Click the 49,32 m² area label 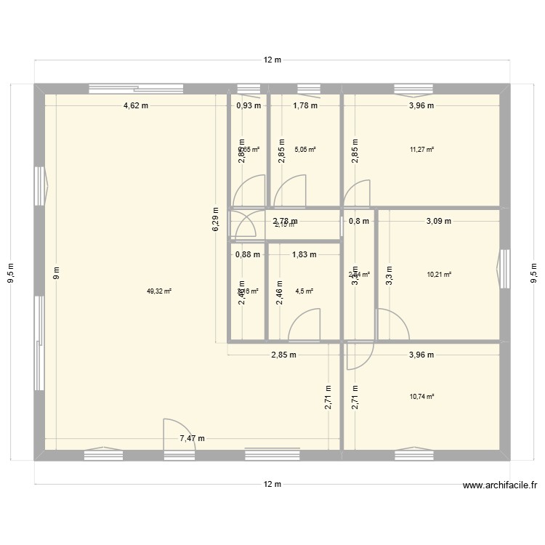click(158, 291)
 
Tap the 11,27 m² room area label click(421, 150)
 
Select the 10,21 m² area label click(440, 275)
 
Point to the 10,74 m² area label click(421, 396)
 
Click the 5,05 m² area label click(305, 150)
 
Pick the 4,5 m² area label click(304, 291)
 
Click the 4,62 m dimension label click(136, 105)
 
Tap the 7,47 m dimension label click(192, 438)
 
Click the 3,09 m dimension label click(439, 221)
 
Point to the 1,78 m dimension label click(305, 105)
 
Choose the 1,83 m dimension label click(304, 254)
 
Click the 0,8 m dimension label click(359, 221)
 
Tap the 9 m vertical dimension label click(56, 273)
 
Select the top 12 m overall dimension click(272, 60)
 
